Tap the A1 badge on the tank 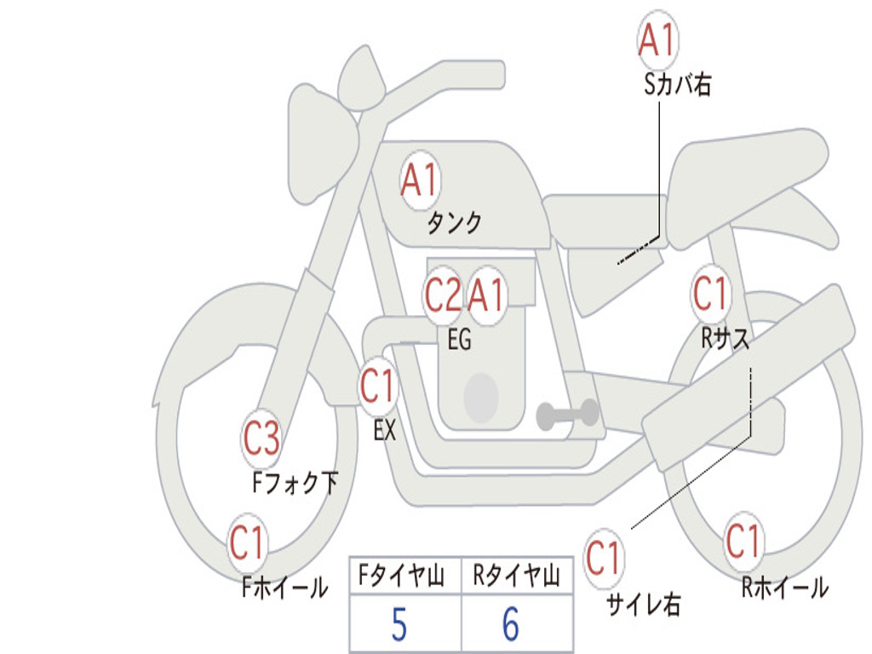pos(421,181)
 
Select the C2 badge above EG pos(443,295)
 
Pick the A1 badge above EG pos(486,295)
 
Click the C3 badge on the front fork pos(261,439)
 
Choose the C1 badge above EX pos(377,386)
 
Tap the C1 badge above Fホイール pos(247,542)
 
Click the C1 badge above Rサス pos(711,293)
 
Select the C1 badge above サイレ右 pos(604,557)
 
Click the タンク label pos(454,223)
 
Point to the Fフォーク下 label pos(295,483)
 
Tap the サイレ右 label pos(644,605)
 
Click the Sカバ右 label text pos(677,85)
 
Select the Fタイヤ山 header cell pos(405,575)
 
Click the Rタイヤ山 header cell pos(517,575)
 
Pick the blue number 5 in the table pos(399,624)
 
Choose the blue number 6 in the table pos(511,624)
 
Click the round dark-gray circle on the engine pos(481,397)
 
